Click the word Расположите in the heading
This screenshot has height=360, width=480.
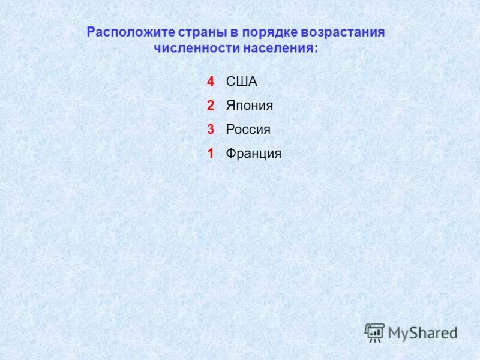124,32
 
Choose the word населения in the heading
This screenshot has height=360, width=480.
277,49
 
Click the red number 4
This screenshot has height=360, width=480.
211,82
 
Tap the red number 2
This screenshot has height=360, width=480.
211,106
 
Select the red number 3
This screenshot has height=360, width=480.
211,130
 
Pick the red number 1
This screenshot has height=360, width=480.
211,154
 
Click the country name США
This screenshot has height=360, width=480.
241,82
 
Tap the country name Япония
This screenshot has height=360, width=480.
249,106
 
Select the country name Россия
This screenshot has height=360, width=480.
248,130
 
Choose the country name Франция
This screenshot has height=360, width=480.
253,154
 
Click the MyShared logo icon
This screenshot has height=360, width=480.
374,331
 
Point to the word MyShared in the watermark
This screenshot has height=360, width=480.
422,332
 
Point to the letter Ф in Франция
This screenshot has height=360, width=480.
230,154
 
